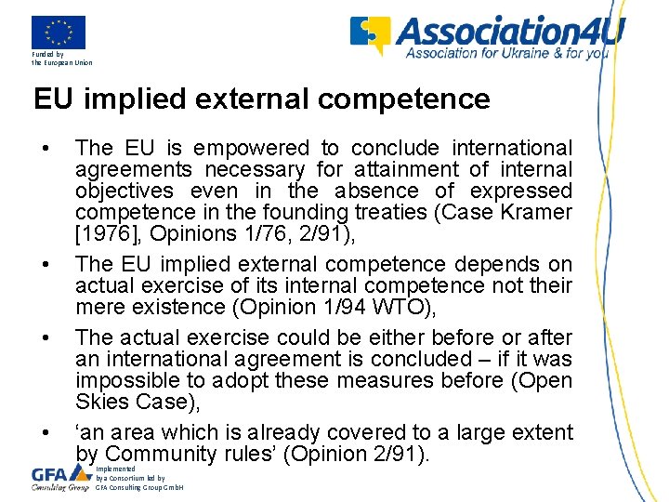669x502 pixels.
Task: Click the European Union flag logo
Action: coord(58,33)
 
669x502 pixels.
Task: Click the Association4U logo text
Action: coord(510,33)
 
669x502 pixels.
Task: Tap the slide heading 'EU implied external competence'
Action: coord(261,99)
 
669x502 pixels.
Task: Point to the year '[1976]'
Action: coord(104,233)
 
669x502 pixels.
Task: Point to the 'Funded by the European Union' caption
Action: coord(61,59)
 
